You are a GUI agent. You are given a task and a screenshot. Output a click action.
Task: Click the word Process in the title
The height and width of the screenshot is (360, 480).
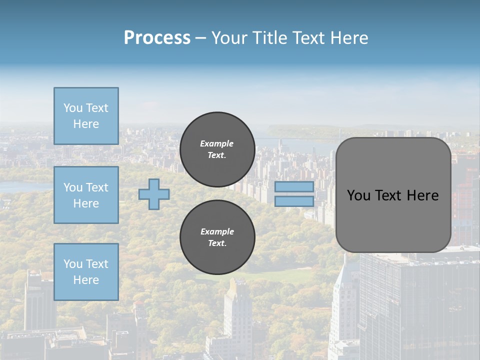click(x=157, y=38)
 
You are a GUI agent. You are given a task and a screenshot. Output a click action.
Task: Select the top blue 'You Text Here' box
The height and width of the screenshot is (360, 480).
click(x=86, y=116)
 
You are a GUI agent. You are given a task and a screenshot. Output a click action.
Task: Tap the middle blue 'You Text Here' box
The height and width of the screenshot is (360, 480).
click(x=86, y=195)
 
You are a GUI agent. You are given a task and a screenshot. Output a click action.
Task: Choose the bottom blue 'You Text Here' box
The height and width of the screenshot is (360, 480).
click(x=86, y=272)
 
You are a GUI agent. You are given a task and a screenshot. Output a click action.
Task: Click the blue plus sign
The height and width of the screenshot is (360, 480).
click(x=154, y=194)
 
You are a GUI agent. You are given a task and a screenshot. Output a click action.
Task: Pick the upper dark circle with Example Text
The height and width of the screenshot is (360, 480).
click(x=217, y=149)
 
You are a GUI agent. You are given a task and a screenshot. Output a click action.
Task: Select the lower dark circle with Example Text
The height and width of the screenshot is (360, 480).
click(x=217, y=237)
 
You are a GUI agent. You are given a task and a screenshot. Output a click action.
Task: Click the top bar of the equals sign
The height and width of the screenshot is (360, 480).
click(x=294, y=187)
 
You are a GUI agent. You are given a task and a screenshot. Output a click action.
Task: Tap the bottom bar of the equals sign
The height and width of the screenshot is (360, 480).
click(x=294, y=201)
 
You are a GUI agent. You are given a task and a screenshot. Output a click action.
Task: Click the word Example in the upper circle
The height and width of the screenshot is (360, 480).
click(x=217, y=143)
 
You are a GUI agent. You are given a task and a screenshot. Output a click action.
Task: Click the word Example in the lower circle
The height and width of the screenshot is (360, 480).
click(x=217, y=231)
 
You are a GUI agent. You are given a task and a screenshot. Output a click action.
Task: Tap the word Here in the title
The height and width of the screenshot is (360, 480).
click(x=349, y=38)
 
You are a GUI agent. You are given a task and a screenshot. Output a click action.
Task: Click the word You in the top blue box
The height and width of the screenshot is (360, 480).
click(x=72, y=108)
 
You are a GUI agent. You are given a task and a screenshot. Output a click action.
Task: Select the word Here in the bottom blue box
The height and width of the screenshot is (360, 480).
click(x=86, y=280)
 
